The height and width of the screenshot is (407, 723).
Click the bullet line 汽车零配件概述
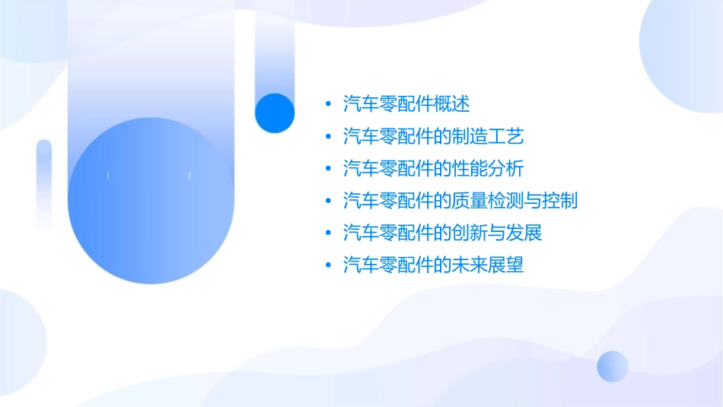(x=407, y=103)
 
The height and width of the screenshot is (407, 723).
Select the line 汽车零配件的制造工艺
(x=434, y=136)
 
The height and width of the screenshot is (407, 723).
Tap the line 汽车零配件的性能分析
(x=434, y=168)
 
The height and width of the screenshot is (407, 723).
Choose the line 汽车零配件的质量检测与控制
(x=460, y=201)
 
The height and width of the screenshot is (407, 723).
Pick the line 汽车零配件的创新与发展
(x=442, y=233)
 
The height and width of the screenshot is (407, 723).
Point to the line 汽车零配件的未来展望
(x=434, y=266)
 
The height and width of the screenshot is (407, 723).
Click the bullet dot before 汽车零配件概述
(x=327, y=104)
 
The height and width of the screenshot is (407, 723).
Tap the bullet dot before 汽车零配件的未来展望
(x=327, y=266)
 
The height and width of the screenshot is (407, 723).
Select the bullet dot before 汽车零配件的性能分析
(x=327, y=169)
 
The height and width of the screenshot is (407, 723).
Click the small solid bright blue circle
(x=275, y=113)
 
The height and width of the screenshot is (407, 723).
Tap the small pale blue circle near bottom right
(x=613, y=366)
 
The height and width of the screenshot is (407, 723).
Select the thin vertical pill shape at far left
(x=44, y=184)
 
